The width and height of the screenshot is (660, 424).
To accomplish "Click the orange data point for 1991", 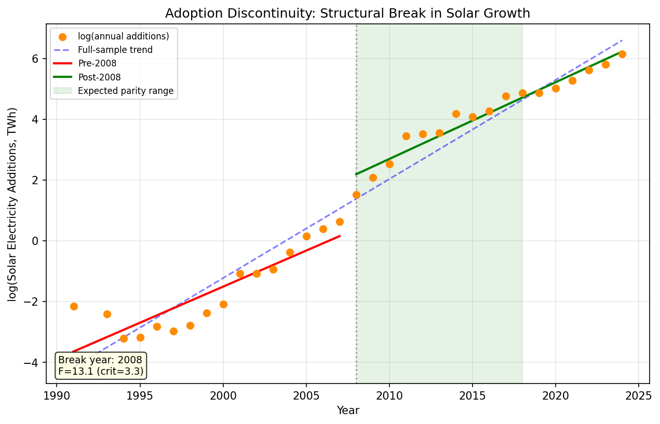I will tap(74, 306).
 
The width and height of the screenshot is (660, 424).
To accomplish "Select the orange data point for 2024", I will tap(622, 54).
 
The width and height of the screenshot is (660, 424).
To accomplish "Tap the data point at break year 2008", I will tap(356, 195).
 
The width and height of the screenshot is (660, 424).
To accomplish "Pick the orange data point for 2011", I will tap(406, 136).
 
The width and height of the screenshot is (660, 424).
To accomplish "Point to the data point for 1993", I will tap(107, 314).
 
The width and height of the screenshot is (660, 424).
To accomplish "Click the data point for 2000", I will tap(223, 304).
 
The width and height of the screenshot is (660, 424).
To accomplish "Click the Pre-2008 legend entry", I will tap(97, 64).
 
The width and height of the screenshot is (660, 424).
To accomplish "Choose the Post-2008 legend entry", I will tap(99, 77).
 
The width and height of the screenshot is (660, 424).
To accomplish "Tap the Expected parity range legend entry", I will tap(125, 91).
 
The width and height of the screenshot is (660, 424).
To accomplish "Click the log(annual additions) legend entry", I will tap(123, 37).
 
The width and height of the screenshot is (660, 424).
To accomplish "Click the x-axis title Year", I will tap(348, 411).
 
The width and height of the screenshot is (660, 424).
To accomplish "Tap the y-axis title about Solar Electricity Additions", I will tap(12, 204).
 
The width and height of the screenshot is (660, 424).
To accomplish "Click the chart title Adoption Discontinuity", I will tap(347, 13).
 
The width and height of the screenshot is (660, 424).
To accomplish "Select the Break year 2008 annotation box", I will tap(101, 365).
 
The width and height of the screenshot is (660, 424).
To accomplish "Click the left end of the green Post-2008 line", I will tap(356, 174).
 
